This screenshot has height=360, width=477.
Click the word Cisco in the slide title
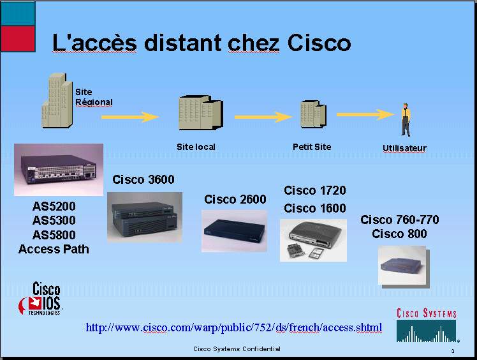click(319, 43)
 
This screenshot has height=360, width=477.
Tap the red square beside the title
click(18, 39)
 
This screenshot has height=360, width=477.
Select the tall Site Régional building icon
click(57, 100)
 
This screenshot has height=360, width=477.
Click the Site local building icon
click(201, 112)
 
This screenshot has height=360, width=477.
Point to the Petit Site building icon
click(313, 114)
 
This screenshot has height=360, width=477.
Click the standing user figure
click(406, 120)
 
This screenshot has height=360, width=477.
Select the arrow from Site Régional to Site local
click(130, 117)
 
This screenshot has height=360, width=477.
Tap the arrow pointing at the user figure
click(365, 114)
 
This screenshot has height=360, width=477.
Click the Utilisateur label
click(404, 148)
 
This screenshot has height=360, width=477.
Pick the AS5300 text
click(54, 220)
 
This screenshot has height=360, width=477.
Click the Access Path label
click(54, 249)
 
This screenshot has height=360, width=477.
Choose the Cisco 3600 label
click(143, 179)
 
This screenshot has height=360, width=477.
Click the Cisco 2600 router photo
click(234, 231)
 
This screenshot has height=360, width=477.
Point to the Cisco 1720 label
click(315, 190)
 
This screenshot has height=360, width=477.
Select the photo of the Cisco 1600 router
click(313, 240)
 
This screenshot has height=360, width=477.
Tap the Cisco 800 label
click(399, 234)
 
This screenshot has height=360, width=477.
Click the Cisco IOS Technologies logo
click(40, 299)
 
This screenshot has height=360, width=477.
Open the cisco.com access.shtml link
click(233, 327)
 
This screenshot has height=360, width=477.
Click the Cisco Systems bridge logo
click(427, 326)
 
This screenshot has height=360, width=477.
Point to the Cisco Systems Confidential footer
click(237, 349)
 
